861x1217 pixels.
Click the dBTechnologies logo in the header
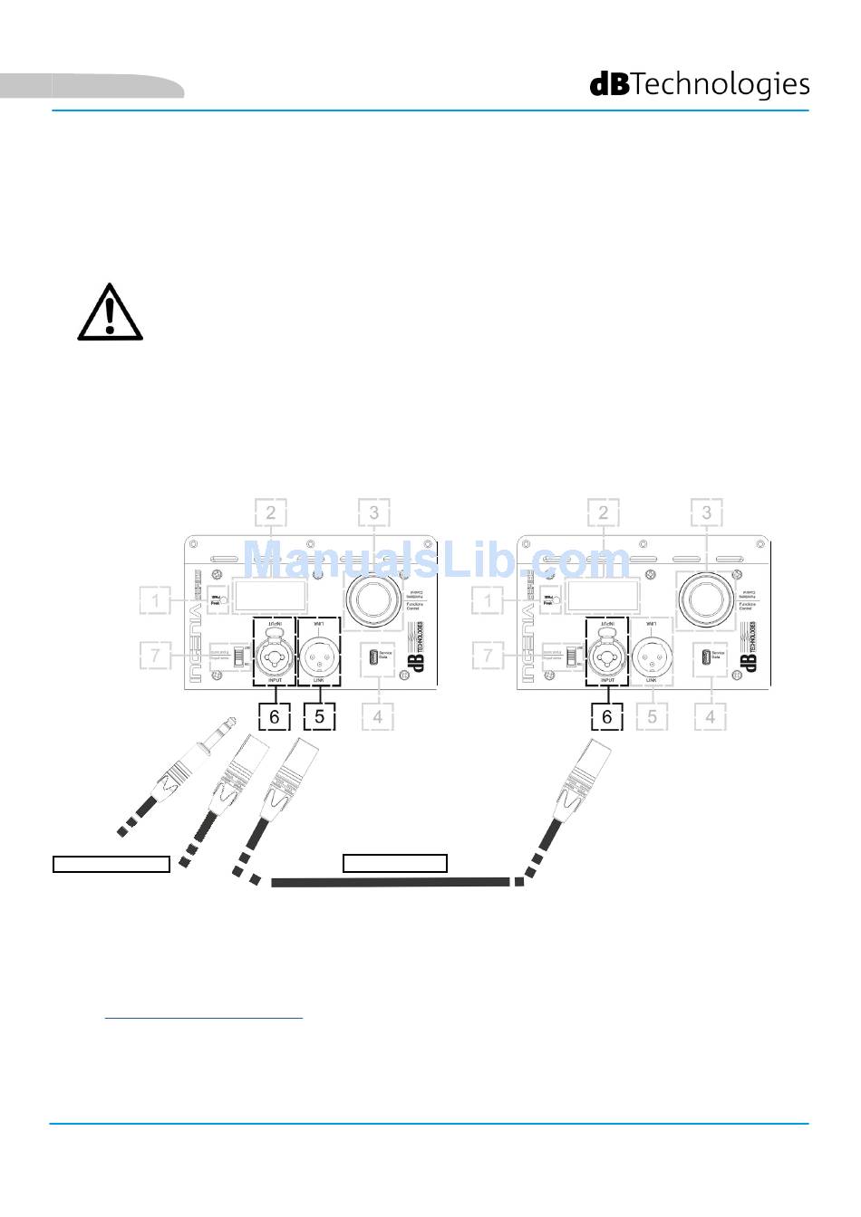point(700,84)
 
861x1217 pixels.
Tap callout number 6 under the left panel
point(274,716)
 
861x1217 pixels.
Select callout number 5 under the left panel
point(319,716)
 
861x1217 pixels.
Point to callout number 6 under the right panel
point(606,716)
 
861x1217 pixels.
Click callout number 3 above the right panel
point(707,513)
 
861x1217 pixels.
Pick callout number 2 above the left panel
point(270,513)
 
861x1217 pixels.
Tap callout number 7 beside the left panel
point(156,655)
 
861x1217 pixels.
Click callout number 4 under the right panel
point(711,716)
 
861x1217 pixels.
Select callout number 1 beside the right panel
point(489,599)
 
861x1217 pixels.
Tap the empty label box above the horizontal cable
point(395,863)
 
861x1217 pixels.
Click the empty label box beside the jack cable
point(111,864)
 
